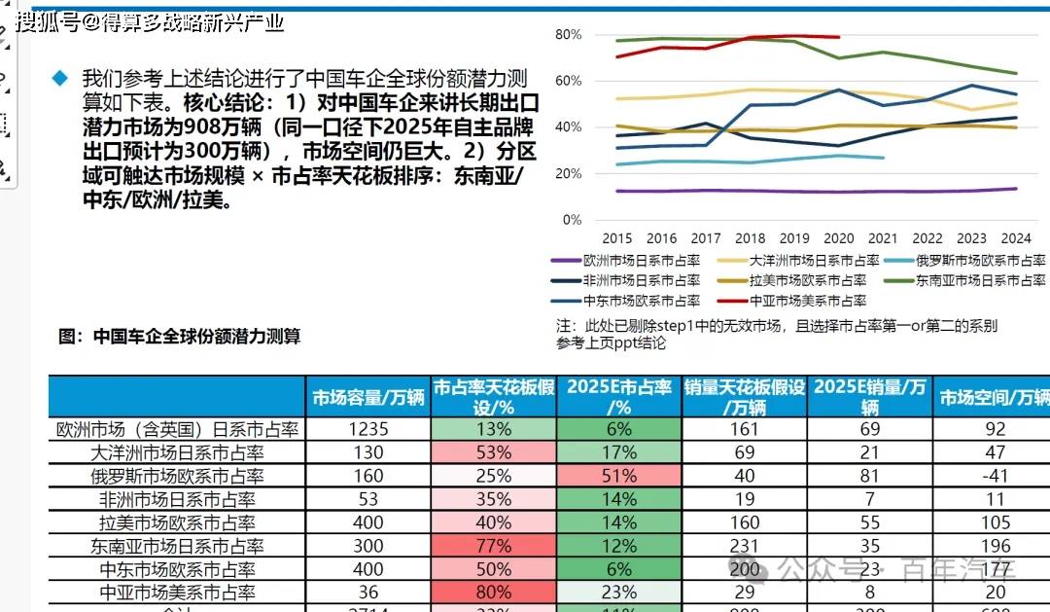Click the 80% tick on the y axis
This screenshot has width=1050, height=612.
pyautogui.click(x=568, y=35)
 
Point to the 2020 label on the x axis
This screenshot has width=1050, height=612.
pyautogui.click(x=839, y=238)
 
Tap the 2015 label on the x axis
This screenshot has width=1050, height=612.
pyautogui.click(x=617, y=238)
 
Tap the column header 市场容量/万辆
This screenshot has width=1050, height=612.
pyautogui.click(x=368, y=397)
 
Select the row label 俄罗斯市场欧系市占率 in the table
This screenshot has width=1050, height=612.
pyautogui.click(x=177, y=477)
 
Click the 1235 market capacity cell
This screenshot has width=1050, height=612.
pyautogui.click(x=368, y=429)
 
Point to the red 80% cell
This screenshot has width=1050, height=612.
pyautogui.click(x=494, y=592)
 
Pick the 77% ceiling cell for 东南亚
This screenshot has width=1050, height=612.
pyautogui.click(x=494, y=546)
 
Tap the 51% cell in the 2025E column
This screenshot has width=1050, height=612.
pyautogui.click(x=619, y=477)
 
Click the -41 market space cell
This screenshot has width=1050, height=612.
pyautogui.click(x=995, y=477)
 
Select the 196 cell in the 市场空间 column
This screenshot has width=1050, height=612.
pyautogui.click(x=995, y=546)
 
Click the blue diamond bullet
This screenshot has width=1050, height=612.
pyautogui.click(x=60, y=77)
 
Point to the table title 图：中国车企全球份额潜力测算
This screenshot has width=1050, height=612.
pyautogui.click(x=179, y=337)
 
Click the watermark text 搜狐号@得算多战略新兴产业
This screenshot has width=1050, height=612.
pyautogui.click(x=151, y=21)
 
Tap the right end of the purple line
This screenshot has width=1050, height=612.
pyautogui.click(x=1016, y=189)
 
